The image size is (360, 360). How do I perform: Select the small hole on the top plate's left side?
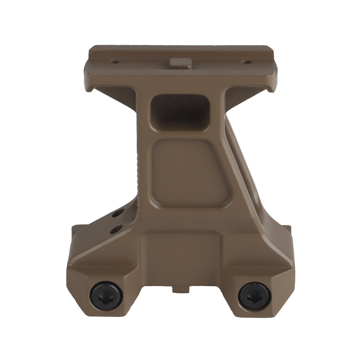115,62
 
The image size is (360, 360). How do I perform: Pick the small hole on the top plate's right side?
246,62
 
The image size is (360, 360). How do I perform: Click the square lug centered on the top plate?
180,63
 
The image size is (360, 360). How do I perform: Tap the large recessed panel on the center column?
189,173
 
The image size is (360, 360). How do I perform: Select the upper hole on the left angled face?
118,215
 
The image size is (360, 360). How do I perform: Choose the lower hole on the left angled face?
116,229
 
